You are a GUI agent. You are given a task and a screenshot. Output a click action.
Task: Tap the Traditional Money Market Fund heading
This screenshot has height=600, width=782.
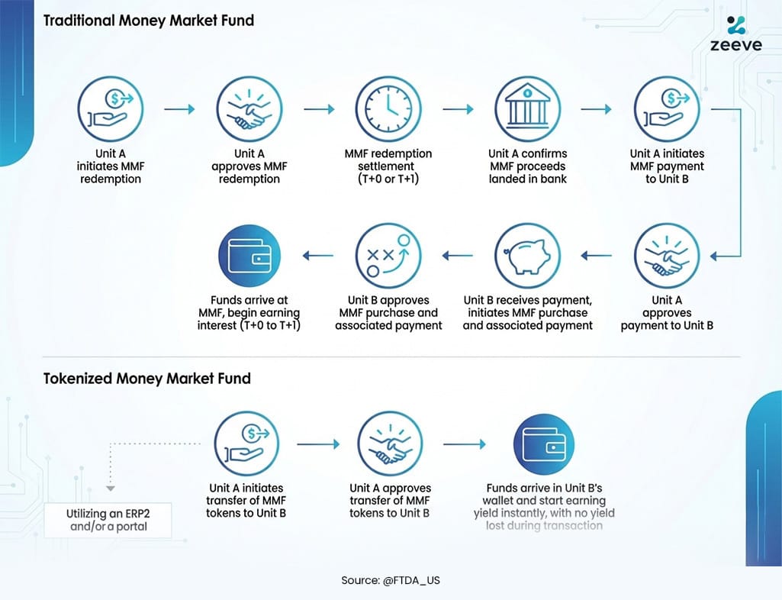pyautogui.click(x=148, y=21)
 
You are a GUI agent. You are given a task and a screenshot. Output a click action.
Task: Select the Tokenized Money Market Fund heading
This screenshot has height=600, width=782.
pyautogui.click(x=146, y=378)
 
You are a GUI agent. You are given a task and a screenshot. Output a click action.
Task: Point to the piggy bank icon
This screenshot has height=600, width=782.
pyautogui.click(x=527, y=255)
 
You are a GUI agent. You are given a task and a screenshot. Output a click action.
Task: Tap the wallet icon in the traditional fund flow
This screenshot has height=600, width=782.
pyautogui.click(x=249, y=255)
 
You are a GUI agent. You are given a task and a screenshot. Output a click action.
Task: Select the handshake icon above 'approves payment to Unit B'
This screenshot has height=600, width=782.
pyautogui.click(x=666, y=255)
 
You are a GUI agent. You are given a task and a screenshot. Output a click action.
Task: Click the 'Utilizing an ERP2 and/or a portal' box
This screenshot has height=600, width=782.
pyautogui.click(x=107, y=520)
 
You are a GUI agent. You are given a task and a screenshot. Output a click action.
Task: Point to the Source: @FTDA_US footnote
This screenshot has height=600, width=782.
pyautogui.click(x=391, y=580)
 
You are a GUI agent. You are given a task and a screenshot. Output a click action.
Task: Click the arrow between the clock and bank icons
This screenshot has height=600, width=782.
pyautogui.click(x=458, y=110)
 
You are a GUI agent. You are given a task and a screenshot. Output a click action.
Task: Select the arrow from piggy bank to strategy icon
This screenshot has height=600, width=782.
pyautogui.click(x=458, y=256)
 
